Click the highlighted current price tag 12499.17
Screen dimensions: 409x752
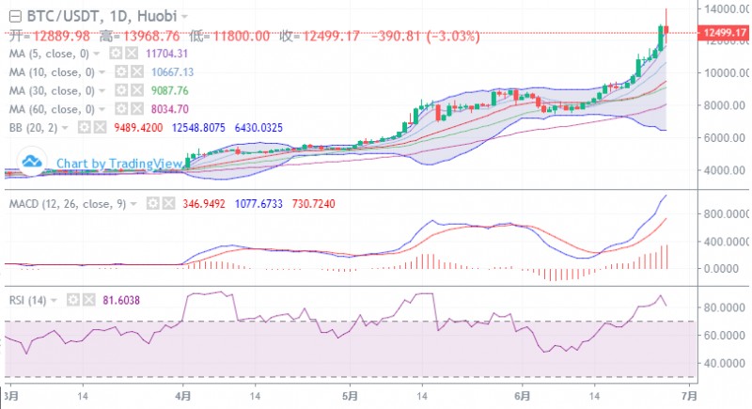725,33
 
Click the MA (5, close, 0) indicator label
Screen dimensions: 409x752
52,54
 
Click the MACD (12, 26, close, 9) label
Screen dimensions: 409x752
68,203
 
